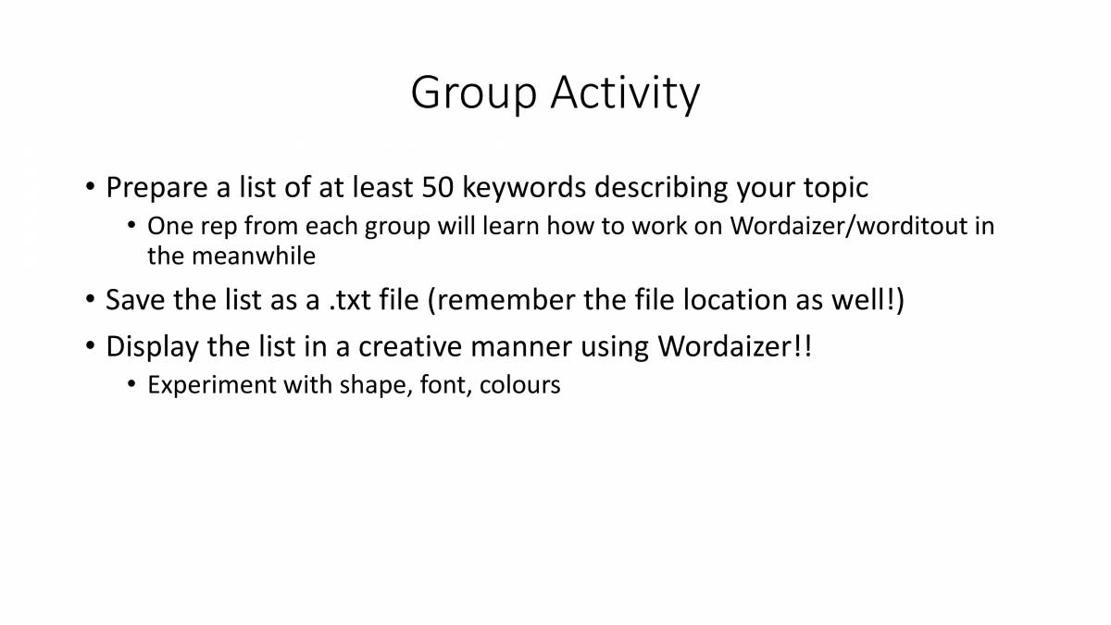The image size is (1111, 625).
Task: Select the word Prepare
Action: (156, 188)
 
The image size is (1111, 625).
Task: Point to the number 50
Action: (438, 188)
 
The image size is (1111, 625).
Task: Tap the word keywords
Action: (523, 188)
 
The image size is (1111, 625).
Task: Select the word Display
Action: (151, 347)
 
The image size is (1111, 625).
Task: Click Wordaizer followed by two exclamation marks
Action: (734, 347)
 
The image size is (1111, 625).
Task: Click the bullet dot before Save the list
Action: (89, 301)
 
